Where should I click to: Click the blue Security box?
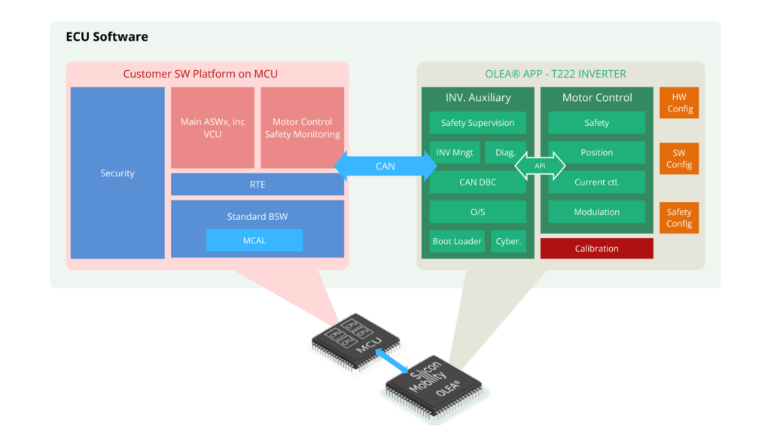[x=117, y=173]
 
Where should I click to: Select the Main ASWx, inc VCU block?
[x=212, y=128]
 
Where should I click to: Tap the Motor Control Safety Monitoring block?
[x=302, y=128]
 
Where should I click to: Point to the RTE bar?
[x=258, y=185]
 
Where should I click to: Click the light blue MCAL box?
[x=254, y=240]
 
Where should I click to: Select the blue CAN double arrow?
[x=385, y=167]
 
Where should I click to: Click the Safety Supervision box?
[x=477, y=123]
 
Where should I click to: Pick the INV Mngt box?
[x=455, y=152]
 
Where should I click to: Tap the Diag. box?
[x=505, y=152]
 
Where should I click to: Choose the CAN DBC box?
[x=477, y=182]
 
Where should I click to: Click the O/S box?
[x=477, y=212]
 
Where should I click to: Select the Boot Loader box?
[x=457, y=242]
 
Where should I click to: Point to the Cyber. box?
[x=508, y=242]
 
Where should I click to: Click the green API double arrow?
[x=540, y=167]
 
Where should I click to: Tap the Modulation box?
[x=596, y=212]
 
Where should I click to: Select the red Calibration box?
[x=596, y=249]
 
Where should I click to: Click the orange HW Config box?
[x=678, y=103]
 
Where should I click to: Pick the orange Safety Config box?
[x=678, y=218]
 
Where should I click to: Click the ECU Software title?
[x=107, y=37]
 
